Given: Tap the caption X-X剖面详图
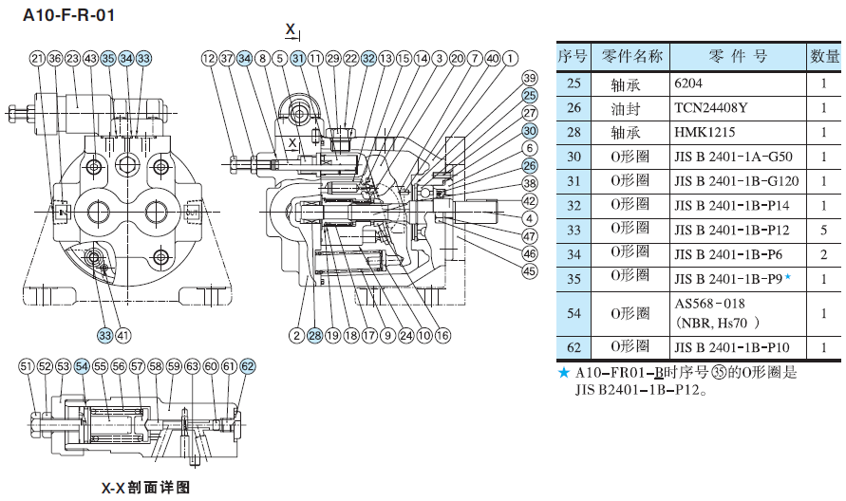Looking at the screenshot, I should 146,488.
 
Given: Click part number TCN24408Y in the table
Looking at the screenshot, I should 710,107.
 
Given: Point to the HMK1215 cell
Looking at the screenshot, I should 705,132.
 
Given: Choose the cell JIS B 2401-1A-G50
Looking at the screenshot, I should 730,156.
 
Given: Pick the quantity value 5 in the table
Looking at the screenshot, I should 822,229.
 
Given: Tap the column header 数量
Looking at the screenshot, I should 822,55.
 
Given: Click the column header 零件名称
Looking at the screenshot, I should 631,55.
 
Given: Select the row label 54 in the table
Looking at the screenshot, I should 573,312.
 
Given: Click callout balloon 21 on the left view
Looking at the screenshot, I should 37,59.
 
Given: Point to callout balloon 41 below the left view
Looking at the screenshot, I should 124,335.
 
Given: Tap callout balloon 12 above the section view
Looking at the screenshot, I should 209,59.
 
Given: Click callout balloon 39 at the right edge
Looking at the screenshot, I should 529,78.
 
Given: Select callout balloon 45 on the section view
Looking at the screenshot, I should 529,271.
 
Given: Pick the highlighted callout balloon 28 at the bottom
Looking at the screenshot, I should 314,335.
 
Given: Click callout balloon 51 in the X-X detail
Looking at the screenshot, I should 27,365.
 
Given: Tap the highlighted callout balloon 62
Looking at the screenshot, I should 248,365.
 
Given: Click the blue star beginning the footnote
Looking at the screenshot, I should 565,373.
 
